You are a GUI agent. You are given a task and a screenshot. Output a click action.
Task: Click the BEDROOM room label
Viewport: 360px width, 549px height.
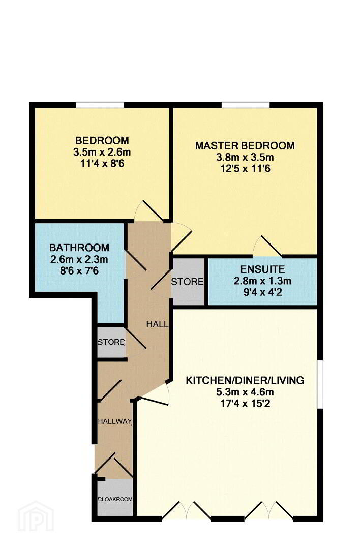102,141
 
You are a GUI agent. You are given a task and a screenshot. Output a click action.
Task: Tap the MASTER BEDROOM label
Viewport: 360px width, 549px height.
245,146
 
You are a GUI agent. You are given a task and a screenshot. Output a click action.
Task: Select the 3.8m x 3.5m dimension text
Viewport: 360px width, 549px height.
245,157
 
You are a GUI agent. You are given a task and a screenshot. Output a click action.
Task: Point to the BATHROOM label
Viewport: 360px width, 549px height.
79,248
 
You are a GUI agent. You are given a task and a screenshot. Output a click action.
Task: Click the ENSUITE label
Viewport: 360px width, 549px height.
263,269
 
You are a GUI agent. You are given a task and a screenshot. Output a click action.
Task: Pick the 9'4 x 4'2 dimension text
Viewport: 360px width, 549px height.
263,292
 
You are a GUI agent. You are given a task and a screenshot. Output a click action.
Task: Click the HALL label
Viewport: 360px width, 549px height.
157,324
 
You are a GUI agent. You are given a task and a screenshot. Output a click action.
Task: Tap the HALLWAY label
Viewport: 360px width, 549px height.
114,421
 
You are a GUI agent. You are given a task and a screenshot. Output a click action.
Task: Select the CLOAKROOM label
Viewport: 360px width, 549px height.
115,499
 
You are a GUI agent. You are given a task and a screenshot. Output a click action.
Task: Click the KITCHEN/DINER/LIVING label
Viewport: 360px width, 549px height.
245,380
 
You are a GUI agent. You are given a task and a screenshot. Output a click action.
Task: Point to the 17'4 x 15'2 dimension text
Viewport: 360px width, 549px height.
245,403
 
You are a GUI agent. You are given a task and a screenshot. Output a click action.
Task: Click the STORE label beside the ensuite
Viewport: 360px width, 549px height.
187,282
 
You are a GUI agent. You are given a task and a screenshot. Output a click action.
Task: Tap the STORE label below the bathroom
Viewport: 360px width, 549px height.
111,342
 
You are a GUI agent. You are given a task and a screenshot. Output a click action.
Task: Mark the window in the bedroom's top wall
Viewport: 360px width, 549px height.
101,105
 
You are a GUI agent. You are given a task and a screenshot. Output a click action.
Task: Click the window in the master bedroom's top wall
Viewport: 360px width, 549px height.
246,105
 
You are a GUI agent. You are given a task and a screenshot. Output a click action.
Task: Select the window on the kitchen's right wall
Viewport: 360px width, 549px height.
320,384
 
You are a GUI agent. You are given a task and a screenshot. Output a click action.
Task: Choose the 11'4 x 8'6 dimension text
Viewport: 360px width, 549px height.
102,164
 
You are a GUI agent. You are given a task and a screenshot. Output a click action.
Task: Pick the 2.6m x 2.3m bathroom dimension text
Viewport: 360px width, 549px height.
79,259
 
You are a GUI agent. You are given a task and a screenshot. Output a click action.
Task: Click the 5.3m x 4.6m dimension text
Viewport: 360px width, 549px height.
245,392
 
